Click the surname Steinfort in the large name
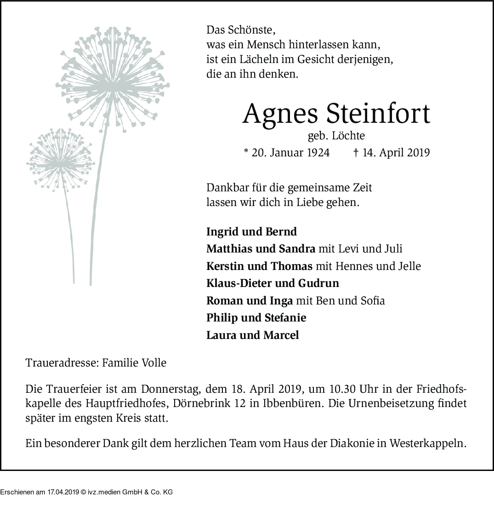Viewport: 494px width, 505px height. (378, 114)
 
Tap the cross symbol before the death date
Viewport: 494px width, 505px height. (356, 153)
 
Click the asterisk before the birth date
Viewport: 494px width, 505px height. (245, 152)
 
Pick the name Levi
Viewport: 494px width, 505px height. (348, 249)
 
